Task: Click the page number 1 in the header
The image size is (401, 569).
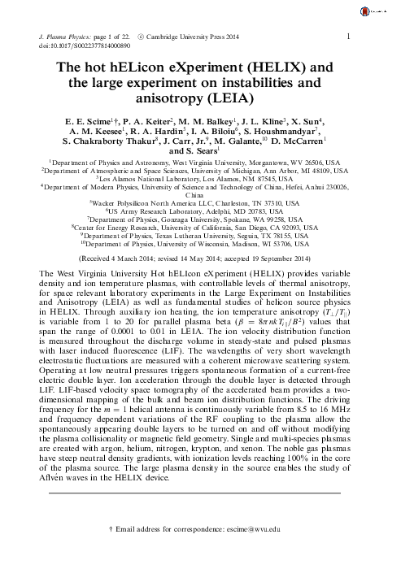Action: tap(348, 37)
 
